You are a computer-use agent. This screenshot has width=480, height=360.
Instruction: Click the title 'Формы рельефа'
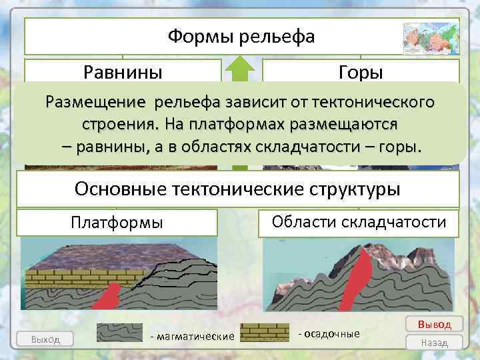point(241,36)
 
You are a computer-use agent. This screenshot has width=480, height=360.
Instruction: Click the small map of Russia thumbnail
point(431,38)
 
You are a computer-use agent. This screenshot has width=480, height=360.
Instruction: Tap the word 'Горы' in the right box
point(361,71)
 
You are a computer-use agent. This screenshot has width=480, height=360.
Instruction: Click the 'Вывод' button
point(434,324)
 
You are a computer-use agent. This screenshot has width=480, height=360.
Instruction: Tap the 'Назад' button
point(434,342)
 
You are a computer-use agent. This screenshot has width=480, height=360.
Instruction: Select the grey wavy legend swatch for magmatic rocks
point(121,333)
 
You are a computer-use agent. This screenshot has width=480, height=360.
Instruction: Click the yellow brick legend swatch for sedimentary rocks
point(265,333)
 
